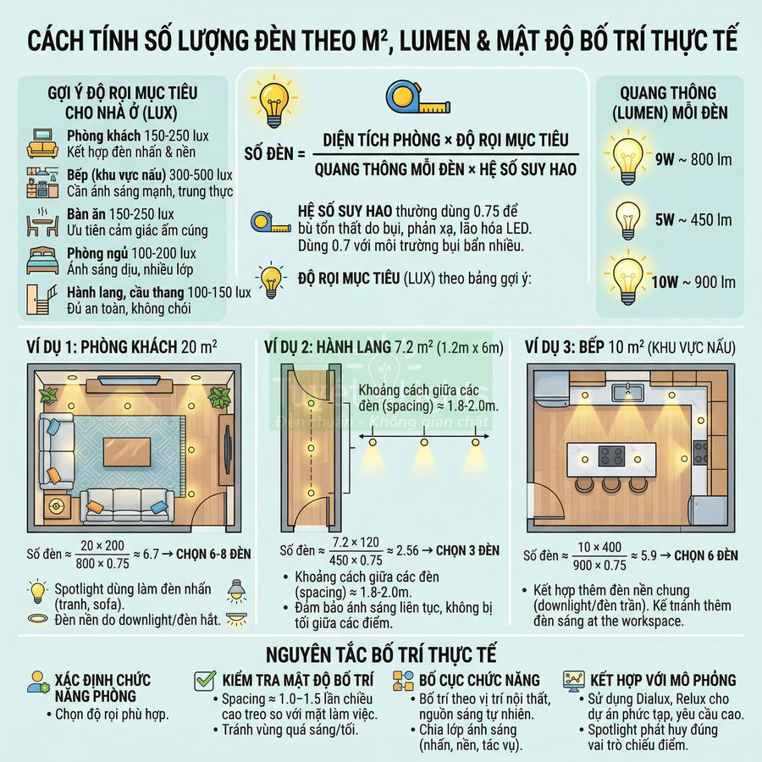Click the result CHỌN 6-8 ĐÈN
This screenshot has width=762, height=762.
click(x=207, y=555)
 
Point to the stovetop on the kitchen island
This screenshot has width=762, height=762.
click(x=611, y=456)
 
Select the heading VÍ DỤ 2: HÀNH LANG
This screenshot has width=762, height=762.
click(x=326, y=347)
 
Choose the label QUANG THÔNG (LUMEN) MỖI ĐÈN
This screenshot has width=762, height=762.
click(x=668, y=102)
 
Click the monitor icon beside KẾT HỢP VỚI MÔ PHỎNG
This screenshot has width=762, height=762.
click(x=573, y=681)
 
